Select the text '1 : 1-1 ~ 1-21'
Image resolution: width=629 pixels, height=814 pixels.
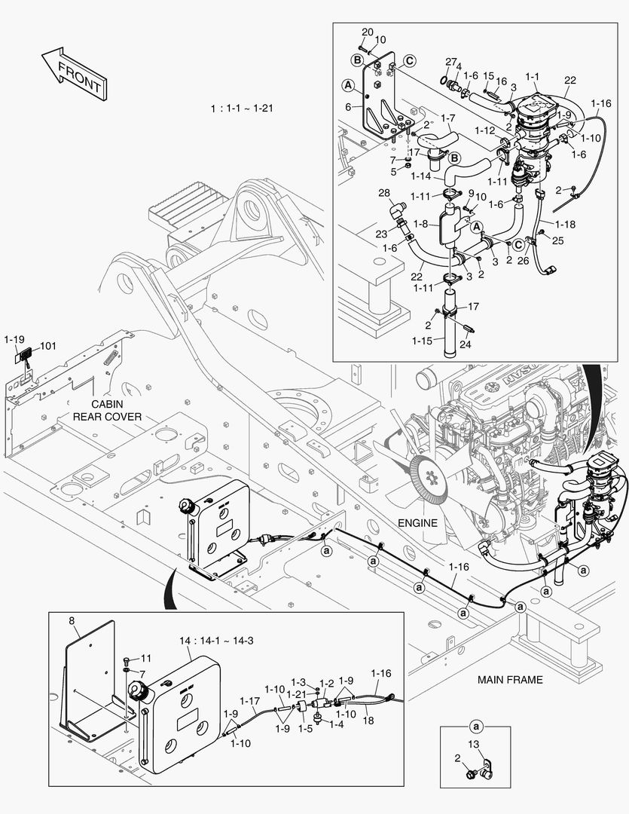[x=242, y=109]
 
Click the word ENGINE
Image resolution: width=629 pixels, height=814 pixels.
[x=418, y=522]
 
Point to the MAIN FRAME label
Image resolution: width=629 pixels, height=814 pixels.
[x=509, y=679]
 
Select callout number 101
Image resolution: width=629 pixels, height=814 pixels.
[x=48, y=347]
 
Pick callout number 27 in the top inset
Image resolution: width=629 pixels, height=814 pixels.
[x=450, y=61]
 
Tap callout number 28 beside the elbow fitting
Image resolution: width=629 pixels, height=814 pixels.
[x=385, y=194]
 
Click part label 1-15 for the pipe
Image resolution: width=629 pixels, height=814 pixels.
[x=423, y=341]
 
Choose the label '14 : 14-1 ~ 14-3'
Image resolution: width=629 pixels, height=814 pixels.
[x=215, y=640]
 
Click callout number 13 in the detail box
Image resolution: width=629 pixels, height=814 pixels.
[x=473, y=745]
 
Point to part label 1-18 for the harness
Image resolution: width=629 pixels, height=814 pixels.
[x=566, y=224]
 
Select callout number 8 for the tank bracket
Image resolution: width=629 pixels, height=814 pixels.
[x=72, y=620]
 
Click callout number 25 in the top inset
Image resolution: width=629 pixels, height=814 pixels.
[x=558, y=240]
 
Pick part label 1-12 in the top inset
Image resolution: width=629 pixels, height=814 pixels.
[x=484, y=130]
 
